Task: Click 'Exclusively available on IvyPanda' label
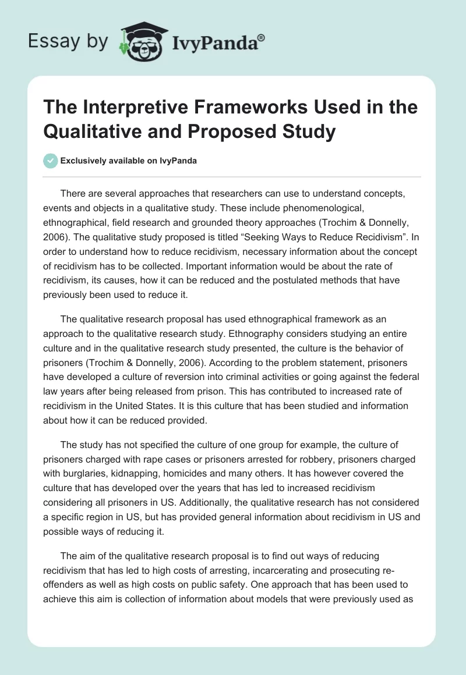pyautogui.click(x=128, y=161)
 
